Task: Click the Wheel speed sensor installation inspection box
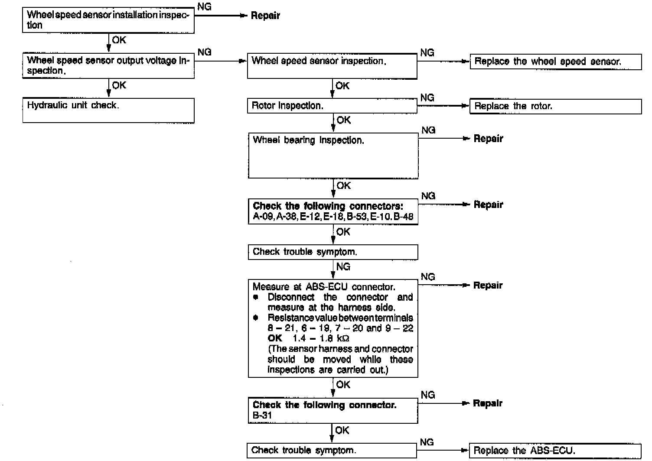click(x=108, y=20)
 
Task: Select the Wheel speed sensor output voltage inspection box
click(x=108, y=66)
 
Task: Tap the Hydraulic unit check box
click(x=108, y=110)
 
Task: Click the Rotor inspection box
click(x=332, y=106)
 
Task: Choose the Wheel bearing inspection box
click(x=333, y=155)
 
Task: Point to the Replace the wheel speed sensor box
click(x=555, y=62)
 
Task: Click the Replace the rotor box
click(x=555, y=106)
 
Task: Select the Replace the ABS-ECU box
click(x=555, y=450)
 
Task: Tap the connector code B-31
click(x=262, y=416)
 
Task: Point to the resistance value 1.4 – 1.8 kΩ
click(x=321, y=338)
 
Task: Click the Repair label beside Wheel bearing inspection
click(x=488, y=139)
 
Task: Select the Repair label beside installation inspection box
click(x=265, y=16)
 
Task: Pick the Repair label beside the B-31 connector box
click(x=488, y=403)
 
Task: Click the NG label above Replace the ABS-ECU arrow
click(x=427, y=442)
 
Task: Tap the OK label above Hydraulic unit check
click(x=119, y=85)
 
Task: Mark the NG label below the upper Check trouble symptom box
click(x=343, y=267)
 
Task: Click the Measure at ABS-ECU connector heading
click(x=324, y=287)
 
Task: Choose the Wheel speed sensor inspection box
click(x=332, y=66)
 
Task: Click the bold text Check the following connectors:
click(x=328, y=206)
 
